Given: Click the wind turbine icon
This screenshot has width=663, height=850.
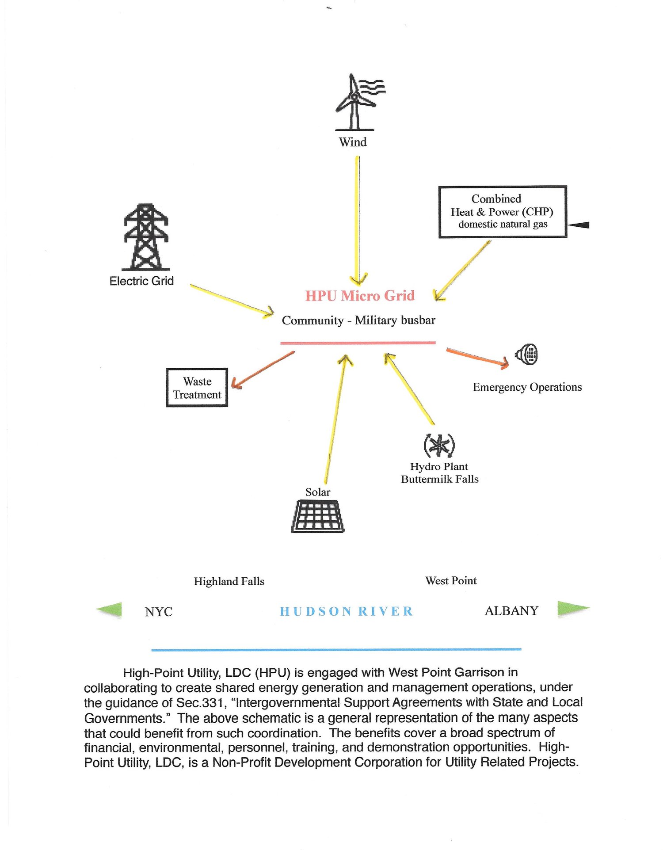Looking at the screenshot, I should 356,103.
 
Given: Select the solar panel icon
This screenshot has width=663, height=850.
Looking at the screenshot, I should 318,516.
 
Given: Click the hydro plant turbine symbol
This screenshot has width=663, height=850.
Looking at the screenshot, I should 439,445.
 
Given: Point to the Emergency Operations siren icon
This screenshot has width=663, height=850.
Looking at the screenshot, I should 527,354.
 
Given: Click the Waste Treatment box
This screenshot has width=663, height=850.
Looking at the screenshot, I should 197,388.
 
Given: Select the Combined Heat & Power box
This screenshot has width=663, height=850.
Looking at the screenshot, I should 503,212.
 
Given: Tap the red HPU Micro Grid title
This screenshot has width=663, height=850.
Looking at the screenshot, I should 360,296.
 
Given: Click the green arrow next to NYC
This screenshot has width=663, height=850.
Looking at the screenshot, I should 110,610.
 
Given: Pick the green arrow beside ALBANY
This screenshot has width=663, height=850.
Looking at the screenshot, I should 572,609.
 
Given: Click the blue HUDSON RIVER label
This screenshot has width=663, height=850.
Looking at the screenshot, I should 347,611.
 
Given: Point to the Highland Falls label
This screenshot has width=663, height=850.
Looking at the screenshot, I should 229,581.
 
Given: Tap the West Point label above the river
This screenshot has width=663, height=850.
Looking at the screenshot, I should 451,581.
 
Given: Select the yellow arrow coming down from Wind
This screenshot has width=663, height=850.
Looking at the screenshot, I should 357,221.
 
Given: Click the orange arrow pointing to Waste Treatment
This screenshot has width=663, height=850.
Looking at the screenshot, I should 263,370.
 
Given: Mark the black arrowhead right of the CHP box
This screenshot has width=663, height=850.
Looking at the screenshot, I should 579,225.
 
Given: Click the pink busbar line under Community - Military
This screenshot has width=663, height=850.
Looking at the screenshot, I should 358,343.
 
